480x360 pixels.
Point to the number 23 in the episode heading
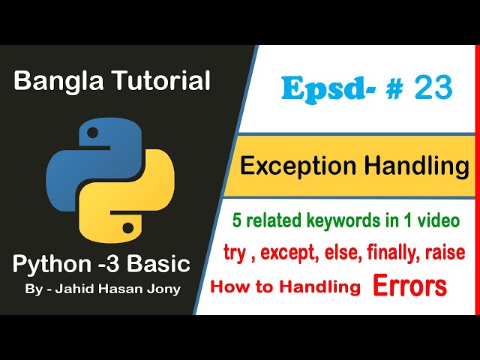pyautogui.click(x=432, y=88)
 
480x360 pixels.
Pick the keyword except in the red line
pyautogui.click(x=291, y=253)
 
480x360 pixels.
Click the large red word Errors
pyautogui.click(x=410, y=286)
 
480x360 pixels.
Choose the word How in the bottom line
pyautogui.click(x=231, y=286)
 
